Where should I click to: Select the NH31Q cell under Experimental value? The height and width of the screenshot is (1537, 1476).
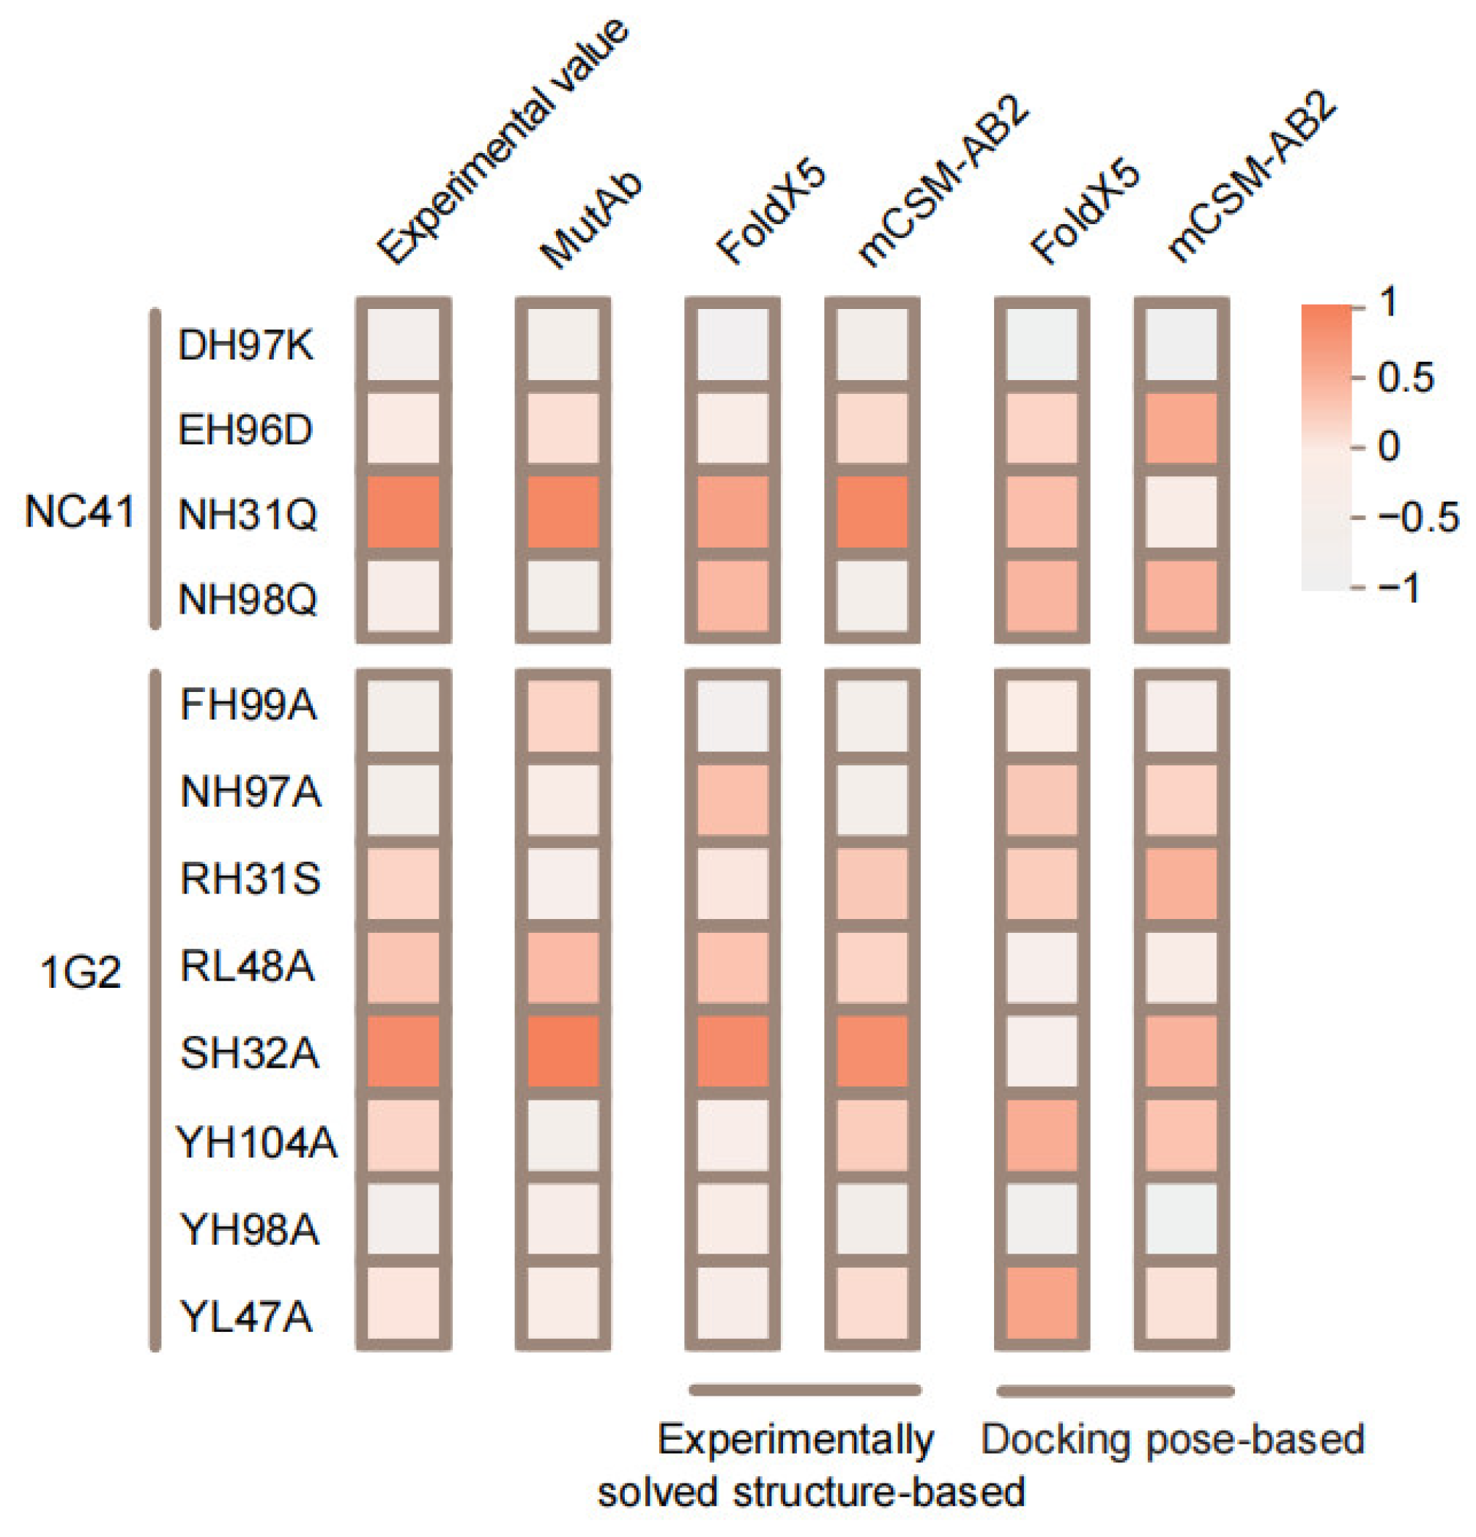[403, 511]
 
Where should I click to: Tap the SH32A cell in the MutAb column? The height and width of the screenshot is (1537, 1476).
[563, 1051]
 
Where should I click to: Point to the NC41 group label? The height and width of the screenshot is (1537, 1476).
[79, 512]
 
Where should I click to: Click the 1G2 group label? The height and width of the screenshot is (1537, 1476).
[81, 973]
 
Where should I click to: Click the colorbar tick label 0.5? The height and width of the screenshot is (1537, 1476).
[1406, 378]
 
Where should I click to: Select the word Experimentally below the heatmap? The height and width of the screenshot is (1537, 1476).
[796, 1440]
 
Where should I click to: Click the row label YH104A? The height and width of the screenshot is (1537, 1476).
[257, 1142]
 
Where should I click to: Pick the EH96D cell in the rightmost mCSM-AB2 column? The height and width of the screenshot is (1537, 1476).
[1180, 428]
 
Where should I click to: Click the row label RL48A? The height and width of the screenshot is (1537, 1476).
[248, 966]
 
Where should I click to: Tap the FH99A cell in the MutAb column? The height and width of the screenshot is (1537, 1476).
[563, 715]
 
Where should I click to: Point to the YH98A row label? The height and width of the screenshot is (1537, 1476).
[249, 1229]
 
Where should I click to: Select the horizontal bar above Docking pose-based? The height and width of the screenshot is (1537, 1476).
[1115, 1391]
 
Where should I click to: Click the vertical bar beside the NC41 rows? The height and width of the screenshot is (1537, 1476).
[155, 469]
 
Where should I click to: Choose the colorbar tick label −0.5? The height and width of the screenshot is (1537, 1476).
[1417, 518]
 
